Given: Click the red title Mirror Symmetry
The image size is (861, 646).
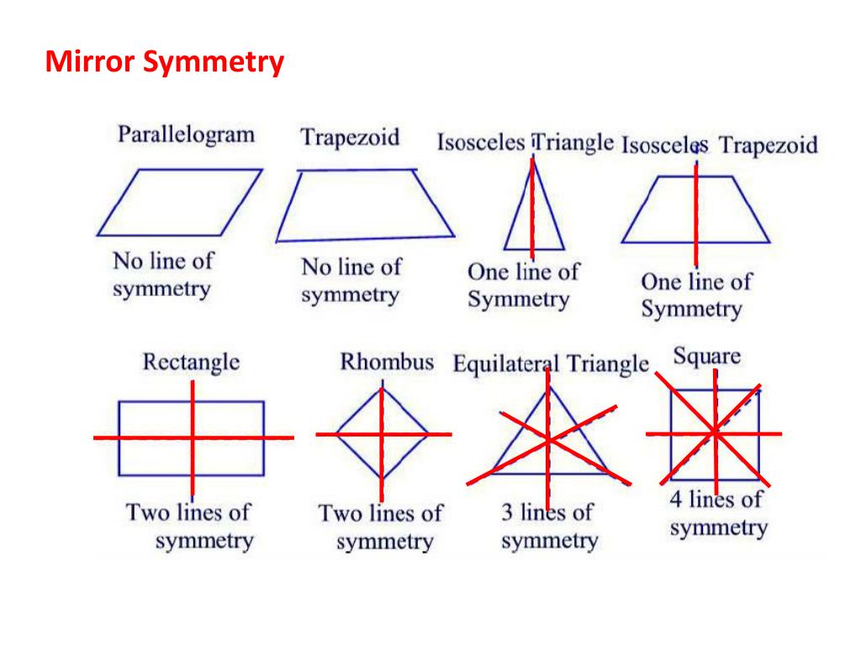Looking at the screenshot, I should point(165,62).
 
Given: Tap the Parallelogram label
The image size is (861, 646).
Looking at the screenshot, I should point(186,135).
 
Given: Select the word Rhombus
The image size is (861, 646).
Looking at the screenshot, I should point(387,363).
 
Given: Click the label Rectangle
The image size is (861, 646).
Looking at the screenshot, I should point(191,363).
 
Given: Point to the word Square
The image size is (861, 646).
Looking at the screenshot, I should point(707,357).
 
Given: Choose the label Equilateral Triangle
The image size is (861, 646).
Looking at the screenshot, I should point(551,365).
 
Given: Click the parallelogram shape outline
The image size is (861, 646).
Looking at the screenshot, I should point(180,201).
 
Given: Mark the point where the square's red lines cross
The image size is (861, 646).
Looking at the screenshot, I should point(715,432).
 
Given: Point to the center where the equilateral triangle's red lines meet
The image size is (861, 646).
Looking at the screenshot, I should point(547,440).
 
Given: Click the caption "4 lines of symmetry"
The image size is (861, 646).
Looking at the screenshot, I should point(718,514).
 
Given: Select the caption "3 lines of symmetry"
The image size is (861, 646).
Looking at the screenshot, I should point(548,527).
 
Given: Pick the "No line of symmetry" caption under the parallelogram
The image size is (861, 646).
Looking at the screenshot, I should point(162,275).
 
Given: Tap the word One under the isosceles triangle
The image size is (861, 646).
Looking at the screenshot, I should point(487,273).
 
